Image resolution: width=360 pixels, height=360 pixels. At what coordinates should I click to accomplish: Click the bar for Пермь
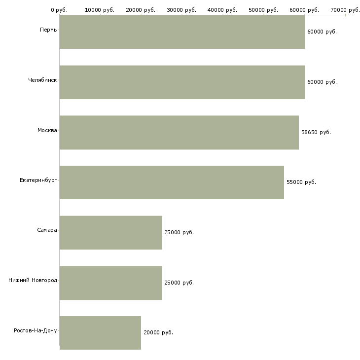(x=182, y=32)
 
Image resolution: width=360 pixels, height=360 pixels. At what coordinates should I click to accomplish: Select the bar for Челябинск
(x=182, y=82)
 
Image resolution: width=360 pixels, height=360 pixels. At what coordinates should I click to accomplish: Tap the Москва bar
(x=179, y=132)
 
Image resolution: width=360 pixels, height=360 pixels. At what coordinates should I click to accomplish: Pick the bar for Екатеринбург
(x=172, y=182)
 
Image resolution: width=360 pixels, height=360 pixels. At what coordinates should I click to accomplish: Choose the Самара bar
(x=110, y=232)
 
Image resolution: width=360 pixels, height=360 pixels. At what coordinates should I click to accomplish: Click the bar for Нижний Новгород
(x=110, y=283)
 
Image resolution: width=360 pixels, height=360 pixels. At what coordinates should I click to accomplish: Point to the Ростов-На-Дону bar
(x=100, y=333)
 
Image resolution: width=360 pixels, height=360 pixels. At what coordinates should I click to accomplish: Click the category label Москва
(x=47, y=130)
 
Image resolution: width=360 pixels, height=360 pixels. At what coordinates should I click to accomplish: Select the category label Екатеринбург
(x=38, y=180)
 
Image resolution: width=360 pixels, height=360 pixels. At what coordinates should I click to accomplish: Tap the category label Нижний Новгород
(x=33, y=280)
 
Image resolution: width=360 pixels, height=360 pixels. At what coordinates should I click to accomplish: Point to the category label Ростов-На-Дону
(x=36, y=330)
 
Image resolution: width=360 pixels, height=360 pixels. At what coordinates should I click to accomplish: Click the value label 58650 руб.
(x=316, y=132)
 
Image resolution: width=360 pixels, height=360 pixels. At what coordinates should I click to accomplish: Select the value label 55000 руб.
(x=301, y=182)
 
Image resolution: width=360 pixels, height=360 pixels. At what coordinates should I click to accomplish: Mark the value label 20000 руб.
(x=158, y=332)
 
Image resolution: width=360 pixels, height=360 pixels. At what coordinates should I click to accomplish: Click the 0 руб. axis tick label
(x=59, y=10)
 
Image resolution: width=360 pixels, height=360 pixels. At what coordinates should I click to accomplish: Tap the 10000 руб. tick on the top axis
(x=100, y=10)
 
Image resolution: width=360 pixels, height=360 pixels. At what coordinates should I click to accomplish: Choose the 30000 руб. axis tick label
(x=182, y=10)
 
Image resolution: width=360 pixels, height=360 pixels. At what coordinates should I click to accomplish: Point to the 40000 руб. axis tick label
(x=223, y=10)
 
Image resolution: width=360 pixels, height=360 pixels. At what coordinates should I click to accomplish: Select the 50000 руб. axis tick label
(x=264, y=10)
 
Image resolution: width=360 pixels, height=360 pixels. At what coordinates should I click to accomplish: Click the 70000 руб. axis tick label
(x=345, y=10)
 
